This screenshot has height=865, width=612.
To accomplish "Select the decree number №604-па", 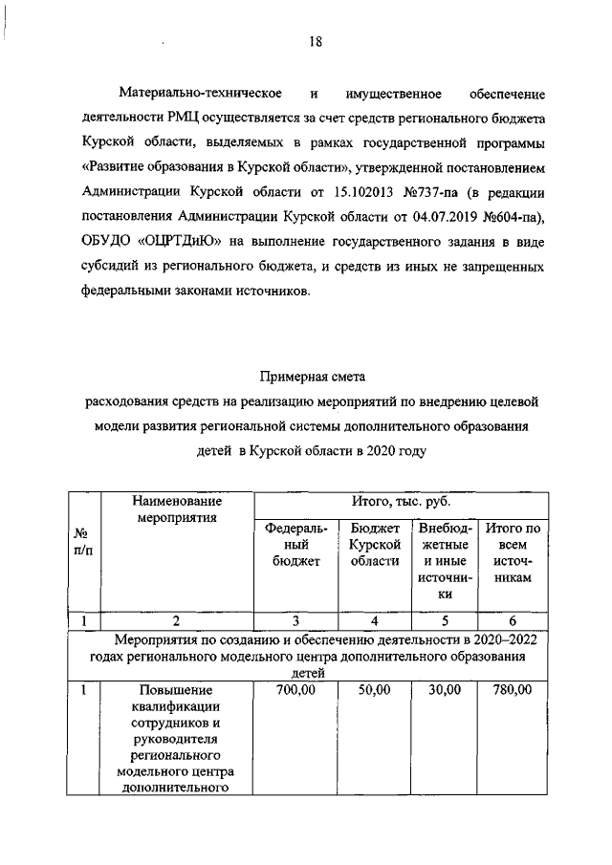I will click(x=501, y=218).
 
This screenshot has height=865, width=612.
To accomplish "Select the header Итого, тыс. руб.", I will click(x=401, y=502).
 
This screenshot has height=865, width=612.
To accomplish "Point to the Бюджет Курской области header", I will click(x=374, y=545).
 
